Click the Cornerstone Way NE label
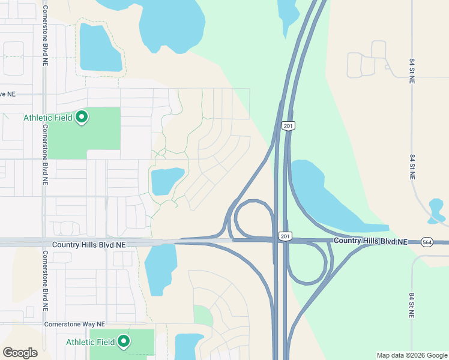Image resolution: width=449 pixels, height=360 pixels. pyautogui.click(x=74, y=325)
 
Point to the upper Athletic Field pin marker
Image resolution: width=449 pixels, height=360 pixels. pyautogui.click(x=82, y=117)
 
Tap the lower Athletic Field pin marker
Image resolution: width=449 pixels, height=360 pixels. pyautogui.click(x=124, y=341)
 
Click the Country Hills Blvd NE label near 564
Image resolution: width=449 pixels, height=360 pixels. pyautogui.click(x=370, y=241)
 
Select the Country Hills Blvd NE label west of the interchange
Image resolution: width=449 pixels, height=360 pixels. pyautogui.click(x=89, y=245)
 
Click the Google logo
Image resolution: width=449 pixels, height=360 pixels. pyautogui.click(x=20, y=353)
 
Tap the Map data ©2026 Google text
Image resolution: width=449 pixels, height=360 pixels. pyautogui.click(x=412, y=355)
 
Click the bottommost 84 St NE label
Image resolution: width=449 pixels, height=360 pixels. pyautogui.click(x=412, y=306)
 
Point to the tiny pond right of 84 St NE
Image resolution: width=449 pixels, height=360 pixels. pyautogui.click(x=437, y=209)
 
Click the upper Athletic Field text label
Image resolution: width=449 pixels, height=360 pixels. pyautogui.click(x=48, y=118)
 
